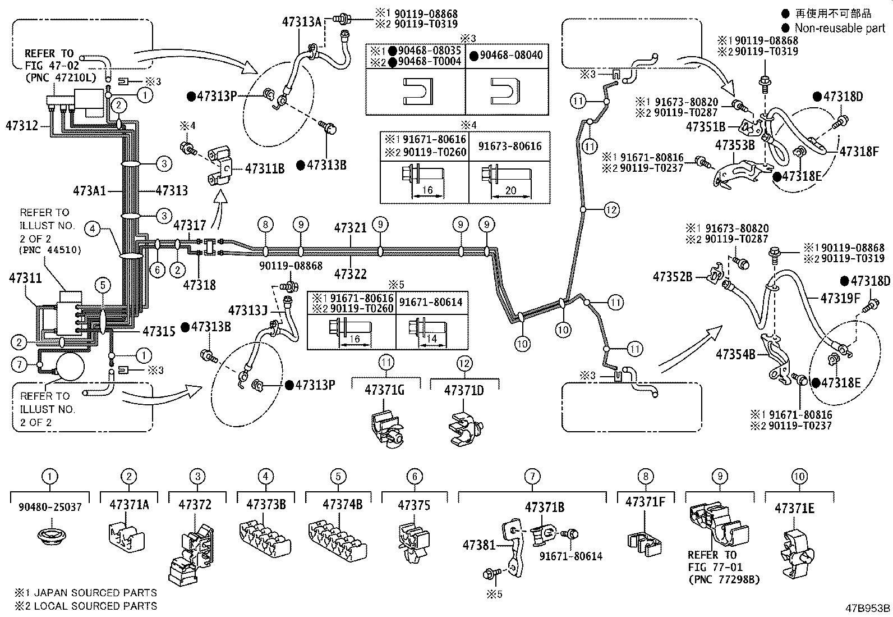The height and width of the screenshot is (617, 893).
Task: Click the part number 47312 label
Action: pos(21,125)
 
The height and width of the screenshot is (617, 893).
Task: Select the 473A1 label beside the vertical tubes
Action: pos(89,191)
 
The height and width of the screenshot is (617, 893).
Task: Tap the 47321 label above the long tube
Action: pos(350,228)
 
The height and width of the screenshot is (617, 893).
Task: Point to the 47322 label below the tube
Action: pos(350,274)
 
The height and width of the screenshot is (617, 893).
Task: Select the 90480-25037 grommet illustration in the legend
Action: pos(50,533)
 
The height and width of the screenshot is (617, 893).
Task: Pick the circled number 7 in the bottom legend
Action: pos(531,477)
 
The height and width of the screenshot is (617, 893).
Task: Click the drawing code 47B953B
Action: pos(868,607)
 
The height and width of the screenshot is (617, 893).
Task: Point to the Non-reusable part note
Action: pos(839,28)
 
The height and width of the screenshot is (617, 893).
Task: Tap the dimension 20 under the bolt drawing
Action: pos(510,191)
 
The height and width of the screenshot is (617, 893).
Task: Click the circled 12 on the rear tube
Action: pos(611,210)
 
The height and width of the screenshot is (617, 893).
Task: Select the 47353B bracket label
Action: pos(735,145)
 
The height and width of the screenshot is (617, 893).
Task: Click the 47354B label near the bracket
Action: pos(736,354)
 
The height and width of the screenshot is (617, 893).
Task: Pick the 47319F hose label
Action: pos(840,298)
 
